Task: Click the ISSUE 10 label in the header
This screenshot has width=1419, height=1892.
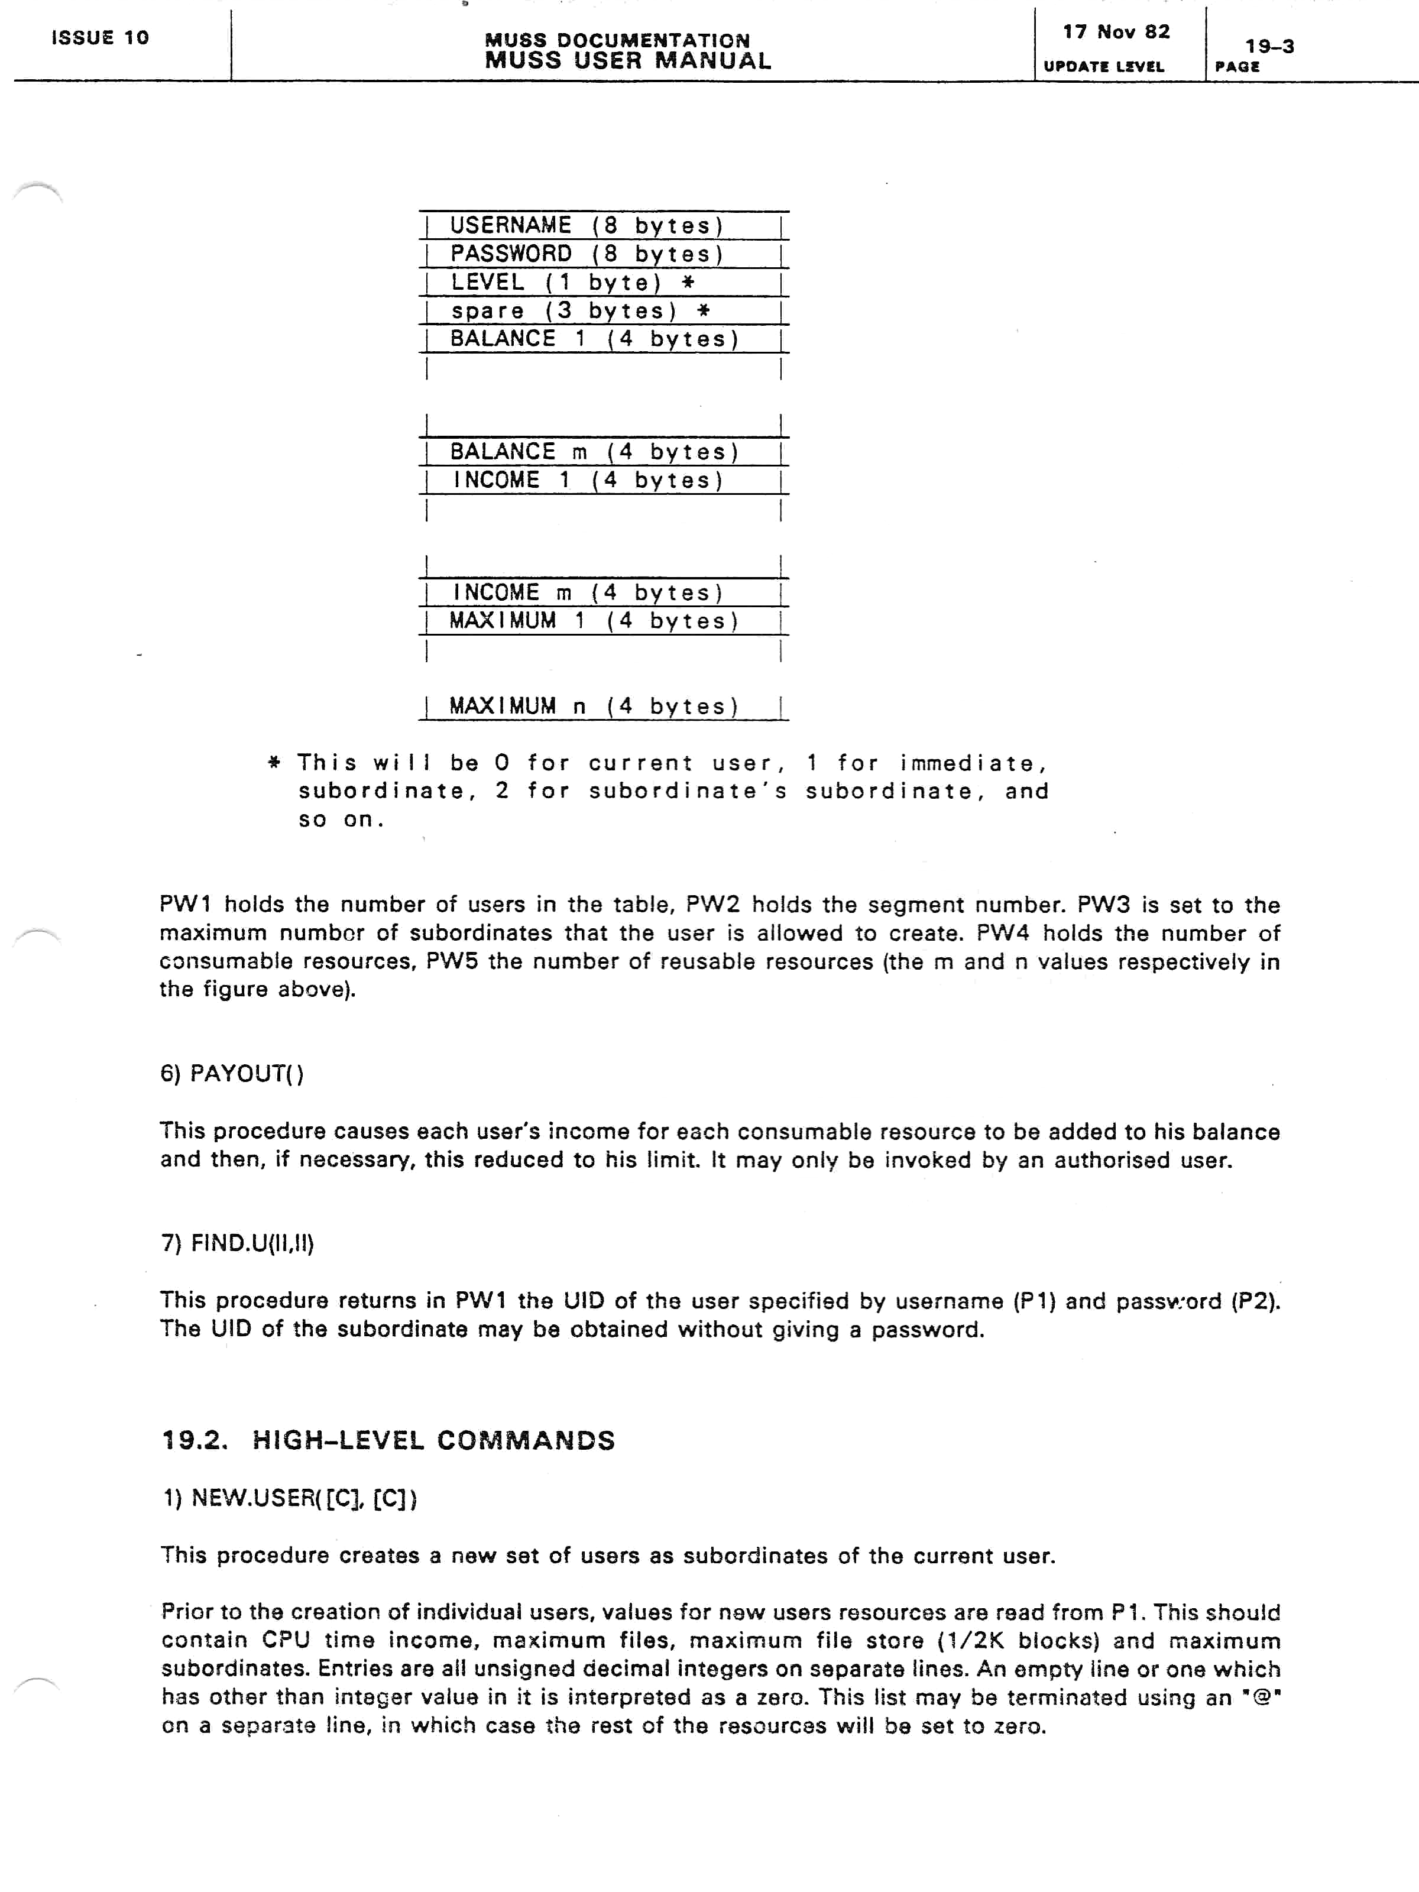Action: click(x=100, y=38)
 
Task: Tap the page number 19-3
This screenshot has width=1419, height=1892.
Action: click(x=1269, y=46)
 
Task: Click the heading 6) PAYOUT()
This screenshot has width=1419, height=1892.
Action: click(x=232, y=1074)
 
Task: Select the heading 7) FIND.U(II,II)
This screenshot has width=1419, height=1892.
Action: click(x=238, y=1243)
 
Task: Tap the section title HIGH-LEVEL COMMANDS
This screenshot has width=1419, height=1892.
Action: click(x=433, y=1440)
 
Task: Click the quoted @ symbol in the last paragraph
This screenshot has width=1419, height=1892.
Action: click(x=1261, y=1697)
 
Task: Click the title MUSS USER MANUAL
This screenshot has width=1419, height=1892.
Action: click(x=628, y=61)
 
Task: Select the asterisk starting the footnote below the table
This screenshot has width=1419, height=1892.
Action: click(x=274, y=762)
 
